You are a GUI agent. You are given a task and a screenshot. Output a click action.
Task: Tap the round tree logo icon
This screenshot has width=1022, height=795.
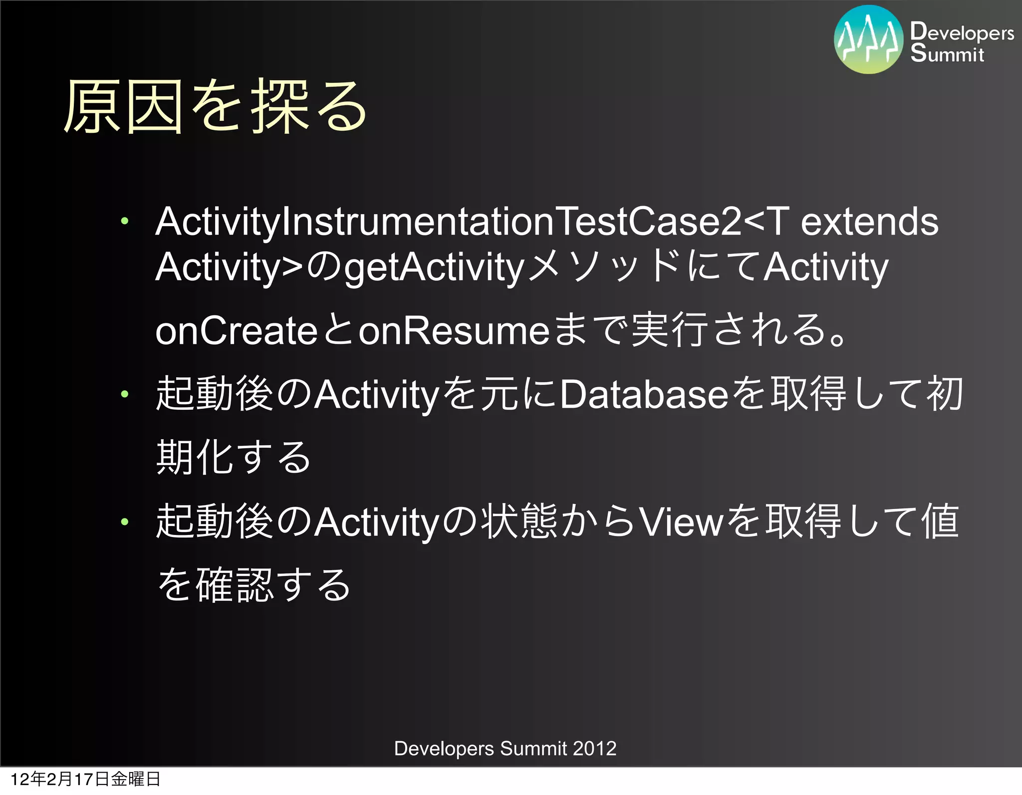868,40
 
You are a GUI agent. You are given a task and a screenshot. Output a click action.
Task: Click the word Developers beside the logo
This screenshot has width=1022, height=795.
962,32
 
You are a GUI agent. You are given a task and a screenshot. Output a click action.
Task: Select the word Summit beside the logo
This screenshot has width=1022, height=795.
947,53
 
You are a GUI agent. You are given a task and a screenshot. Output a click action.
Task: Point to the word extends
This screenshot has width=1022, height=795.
869,222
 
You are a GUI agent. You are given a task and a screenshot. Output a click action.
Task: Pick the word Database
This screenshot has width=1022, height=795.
644,394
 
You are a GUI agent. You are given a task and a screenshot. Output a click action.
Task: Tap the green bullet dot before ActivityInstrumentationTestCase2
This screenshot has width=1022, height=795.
125,220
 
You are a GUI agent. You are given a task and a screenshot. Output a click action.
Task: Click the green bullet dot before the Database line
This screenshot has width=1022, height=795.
125,394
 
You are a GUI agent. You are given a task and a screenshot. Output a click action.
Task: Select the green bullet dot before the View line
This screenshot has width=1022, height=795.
125,522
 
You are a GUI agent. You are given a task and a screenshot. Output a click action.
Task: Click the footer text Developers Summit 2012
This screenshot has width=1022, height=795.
505,749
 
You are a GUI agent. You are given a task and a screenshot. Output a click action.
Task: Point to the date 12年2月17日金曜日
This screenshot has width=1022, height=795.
85,779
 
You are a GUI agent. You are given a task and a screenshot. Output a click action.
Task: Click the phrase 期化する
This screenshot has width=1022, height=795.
234,457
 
